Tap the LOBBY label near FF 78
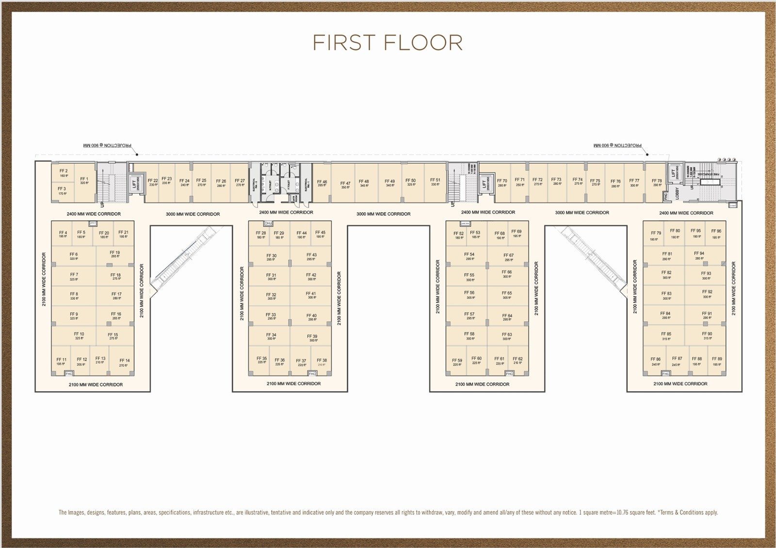677,193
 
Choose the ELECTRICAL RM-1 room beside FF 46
306,184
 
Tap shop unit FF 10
79,335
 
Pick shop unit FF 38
322,362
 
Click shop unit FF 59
457,362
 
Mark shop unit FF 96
716,234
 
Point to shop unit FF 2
64,173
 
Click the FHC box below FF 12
69,374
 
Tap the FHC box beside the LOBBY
666,196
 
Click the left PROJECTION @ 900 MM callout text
107,145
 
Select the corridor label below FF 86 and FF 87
680,384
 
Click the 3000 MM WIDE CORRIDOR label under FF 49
383,214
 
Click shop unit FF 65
506,295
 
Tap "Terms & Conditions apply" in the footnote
689,512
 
